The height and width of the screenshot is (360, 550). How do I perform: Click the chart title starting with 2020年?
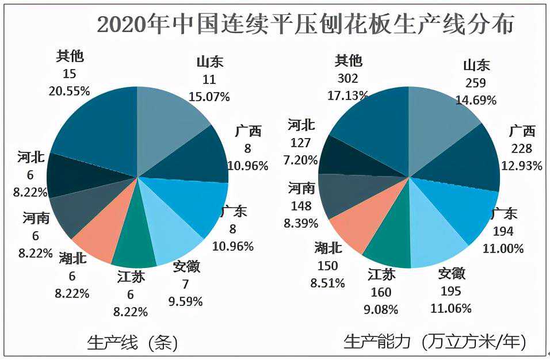pos(305,25)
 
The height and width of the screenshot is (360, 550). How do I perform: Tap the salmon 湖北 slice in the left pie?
pos(98,239)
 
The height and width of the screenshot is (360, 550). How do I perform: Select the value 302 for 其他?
pos(349,79)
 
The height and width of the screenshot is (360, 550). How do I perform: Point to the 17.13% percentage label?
pos(349,95)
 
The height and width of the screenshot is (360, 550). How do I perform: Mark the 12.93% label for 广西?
pos(522,166)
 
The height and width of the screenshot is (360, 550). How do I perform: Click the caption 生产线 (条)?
pos(132,343)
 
